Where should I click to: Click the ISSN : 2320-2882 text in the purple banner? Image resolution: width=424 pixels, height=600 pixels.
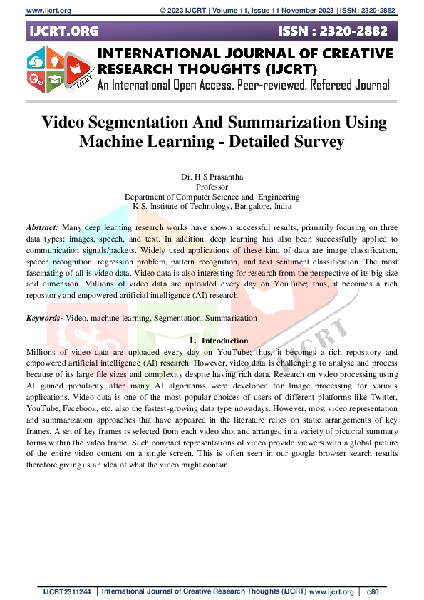[334, 32]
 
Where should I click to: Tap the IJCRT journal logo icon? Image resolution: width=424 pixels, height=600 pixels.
[60, 71]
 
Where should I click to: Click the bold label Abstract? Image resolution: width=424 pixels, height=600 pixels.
[42, 225]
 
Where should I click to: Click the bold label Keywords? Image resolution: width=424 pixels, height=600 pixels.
[43, 318]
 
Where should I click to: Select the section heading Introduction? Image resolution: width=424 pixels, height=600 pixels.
[225, 341]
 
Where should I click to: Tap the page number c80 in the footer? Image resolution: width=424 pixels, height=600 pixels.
[372, 592]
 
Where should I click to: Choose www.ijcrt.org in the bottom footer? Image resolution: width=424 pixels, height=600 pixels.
[331, 592]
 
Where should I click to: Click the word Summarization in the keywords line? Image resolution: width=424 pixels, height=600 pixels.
[230, 318]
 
